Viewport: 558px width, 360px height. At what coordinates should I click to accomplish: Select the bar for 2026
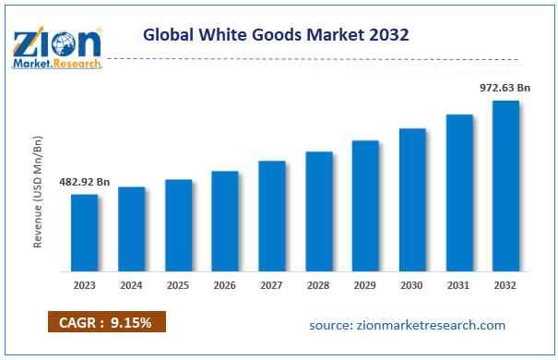click(x=225, y=222)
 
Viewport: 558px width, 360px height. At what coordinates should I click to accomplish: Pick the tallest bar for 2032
click(x=505, y=186)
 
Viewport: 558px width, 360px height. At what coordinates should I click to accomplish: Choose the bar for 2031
click(x=459, y=193)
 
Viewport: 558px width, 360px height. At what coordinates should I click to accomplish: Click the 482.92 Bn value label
click(x=83, y=182)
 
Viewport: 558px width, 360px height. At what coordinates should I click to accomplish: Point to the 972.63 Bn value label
click(x=505, y=87)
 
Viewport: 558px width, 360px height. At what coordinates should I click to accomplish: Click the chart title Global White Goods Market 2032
click(x=277, y=34)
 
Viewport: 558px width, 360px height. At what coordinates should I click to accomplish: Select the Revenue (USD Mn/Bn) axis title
click(x=38, y=191)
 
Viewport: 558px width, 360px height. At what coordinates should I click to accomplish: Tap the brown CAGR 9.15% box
click(x=106, y=322)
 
